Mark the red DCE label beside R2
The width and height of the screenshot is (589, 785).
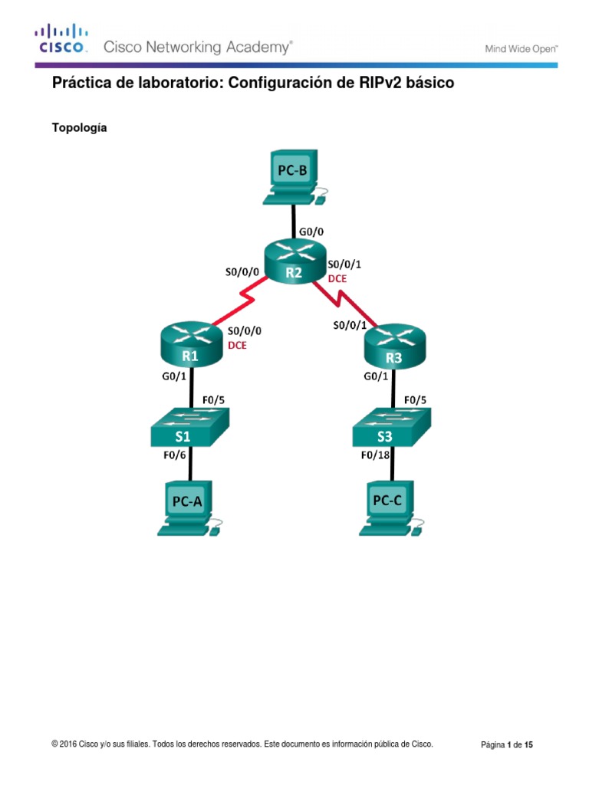338,279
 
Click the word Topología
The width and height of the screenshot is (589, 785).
79,128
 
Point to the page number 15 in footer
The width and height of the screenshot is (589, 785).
528,744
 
